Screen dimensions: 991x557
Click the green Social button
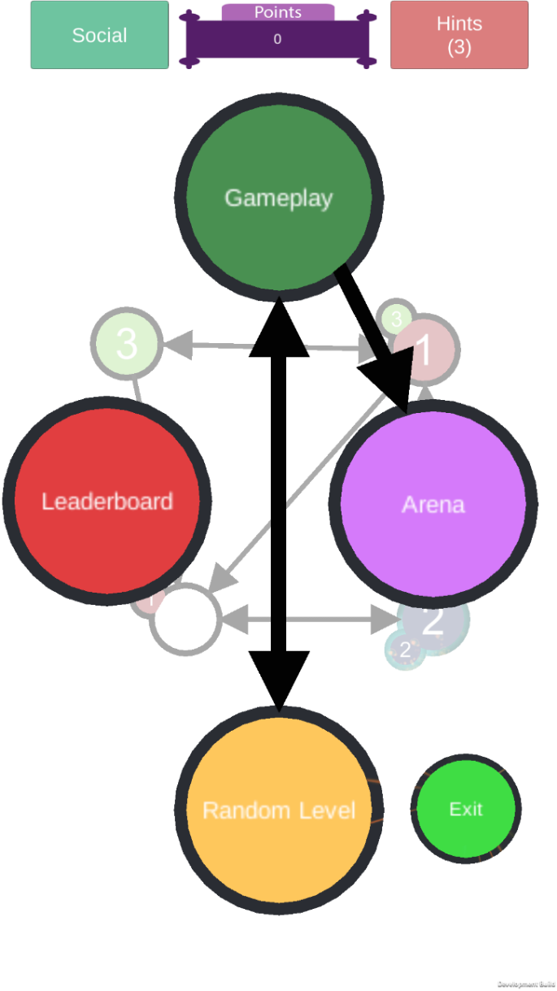click(99, 35)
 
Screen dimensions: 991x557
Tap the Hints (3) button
click(459, 35)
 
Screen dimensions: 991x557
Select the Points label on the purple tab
click(278, 12)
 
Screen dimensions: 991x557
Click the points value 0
click(277, 39)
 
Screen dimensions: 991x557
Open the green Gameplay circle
click(279, 198)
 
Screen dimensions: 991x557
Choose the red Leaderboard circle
click(107, 501)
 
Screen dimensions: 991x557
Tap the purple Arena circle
click(433, 504)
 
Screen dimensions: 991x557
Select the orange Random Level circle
click(279, 810)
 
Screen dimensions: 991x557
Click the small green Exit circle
click(466, 809)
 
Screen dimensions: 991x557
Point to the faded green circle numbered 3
click(126, 344)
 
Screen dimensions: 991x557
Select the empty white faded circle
click(185, 619)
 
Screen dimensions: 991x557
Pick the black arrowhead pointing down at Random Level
click(279, 679)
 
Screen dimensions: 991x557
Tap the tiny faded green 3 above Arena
click(397, 318)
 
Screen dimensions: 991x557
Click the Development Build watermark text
click(526, 984)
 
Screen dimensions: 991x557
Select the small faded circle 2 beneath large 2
click(405, 650)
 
